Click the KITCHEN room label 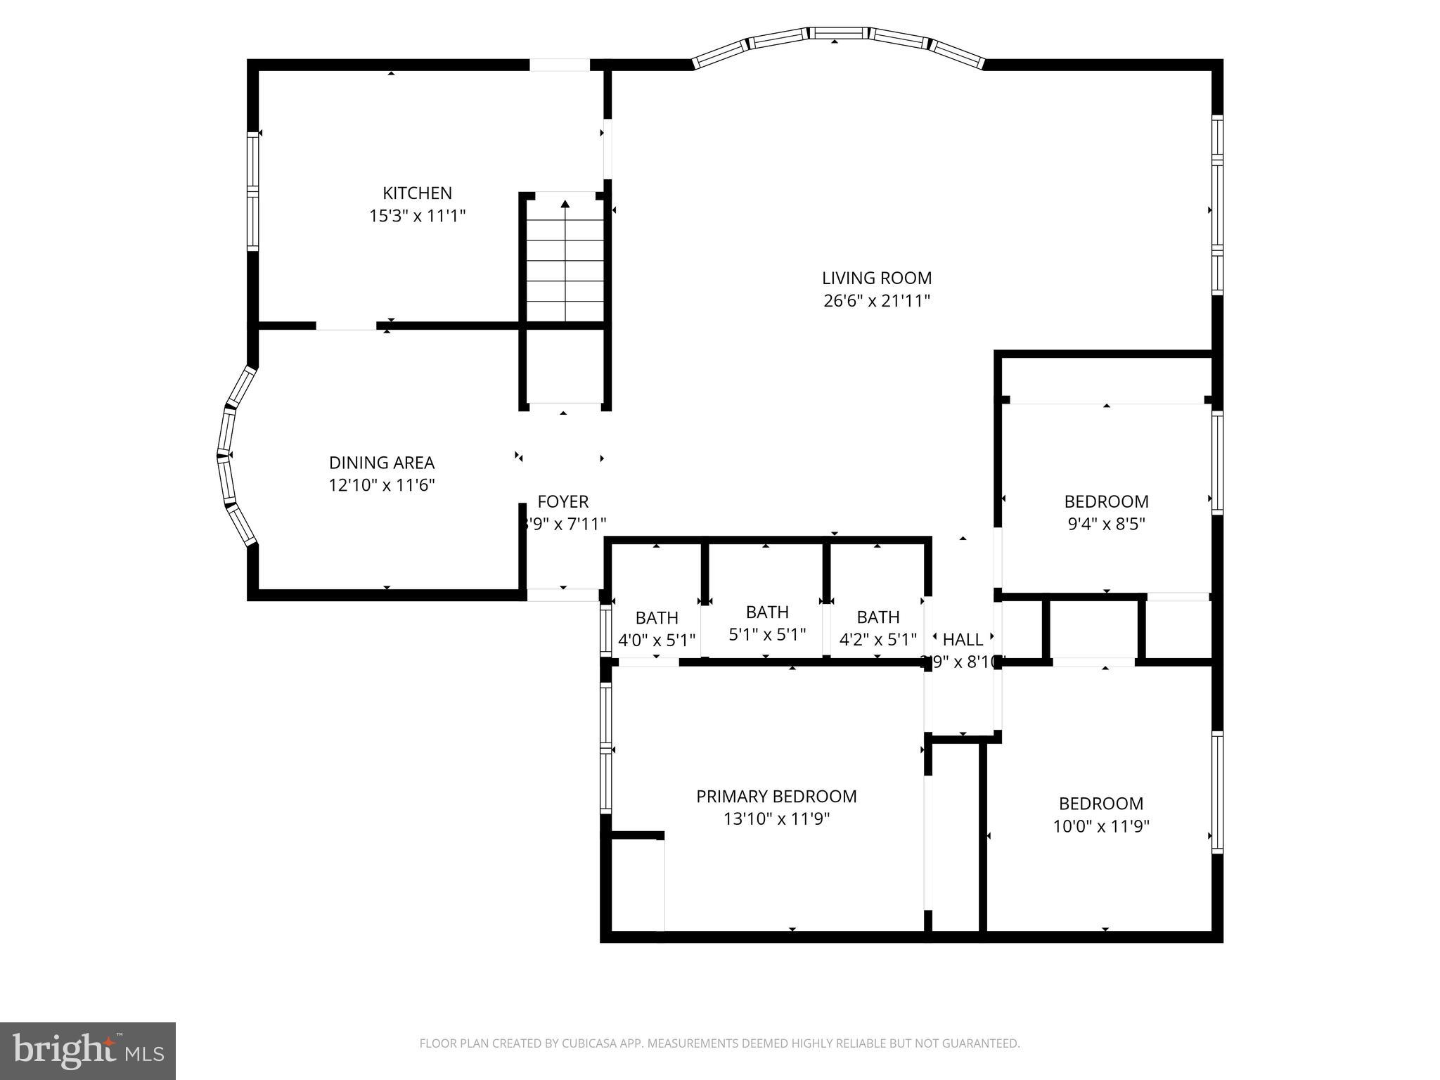(x=417, y=193)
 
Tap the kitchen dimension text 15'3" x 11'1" (x=418, y=216)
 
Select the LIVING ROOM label (x=877, y=278)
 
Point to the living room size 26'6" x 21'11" (x=877, y=301)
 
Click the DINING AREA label (x=382, y=463)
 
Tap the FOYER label (x=562, y=501)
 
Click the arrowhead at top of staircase (x=565, y=204)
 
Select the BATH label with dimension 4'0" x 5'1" (x=657, y=617)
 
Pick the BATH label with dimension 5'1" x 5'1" (x=767, y=612)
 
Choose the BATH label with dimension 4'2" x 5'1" (x=878, y=617)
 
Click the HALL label (x=963, y=639)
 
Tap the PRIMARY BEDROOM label (x=776, y=796)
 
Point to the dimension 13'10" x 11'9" (x=776, y=819)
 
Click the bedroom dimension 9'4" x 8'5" (x=1106, y=524)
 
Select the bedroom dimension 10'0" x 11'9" (x=1100, y=826)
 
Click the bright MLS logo (x=88, y=1050)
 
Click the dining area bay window (x=232, y=456)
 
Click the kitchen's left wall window (x=252, y=191)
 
